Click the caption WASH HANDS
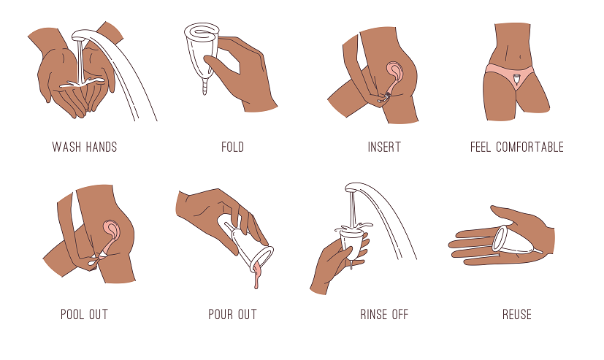click(x=85, y=147)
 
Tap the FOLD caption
click(x=233, y=147)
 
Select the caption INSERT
click(x=384, y=147)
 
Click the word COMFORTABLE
click(x=530, y=147)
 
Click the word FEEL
click(x=481, y=147)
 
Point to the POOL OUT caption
click(x=85, y=315)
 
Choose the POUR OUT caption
click(x=232, y=315)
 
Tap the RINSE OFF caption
click(x=384, y=315)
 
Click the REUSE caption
click(x=517, y=315)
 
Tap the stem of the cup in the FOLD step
click(x=205, y=85)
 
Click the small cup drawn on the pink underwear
click(x=517, y=80)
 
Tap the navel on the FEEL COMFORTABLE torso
click(x=519, y=57)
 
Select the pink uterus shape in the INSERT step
click(x=395, y=74)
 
